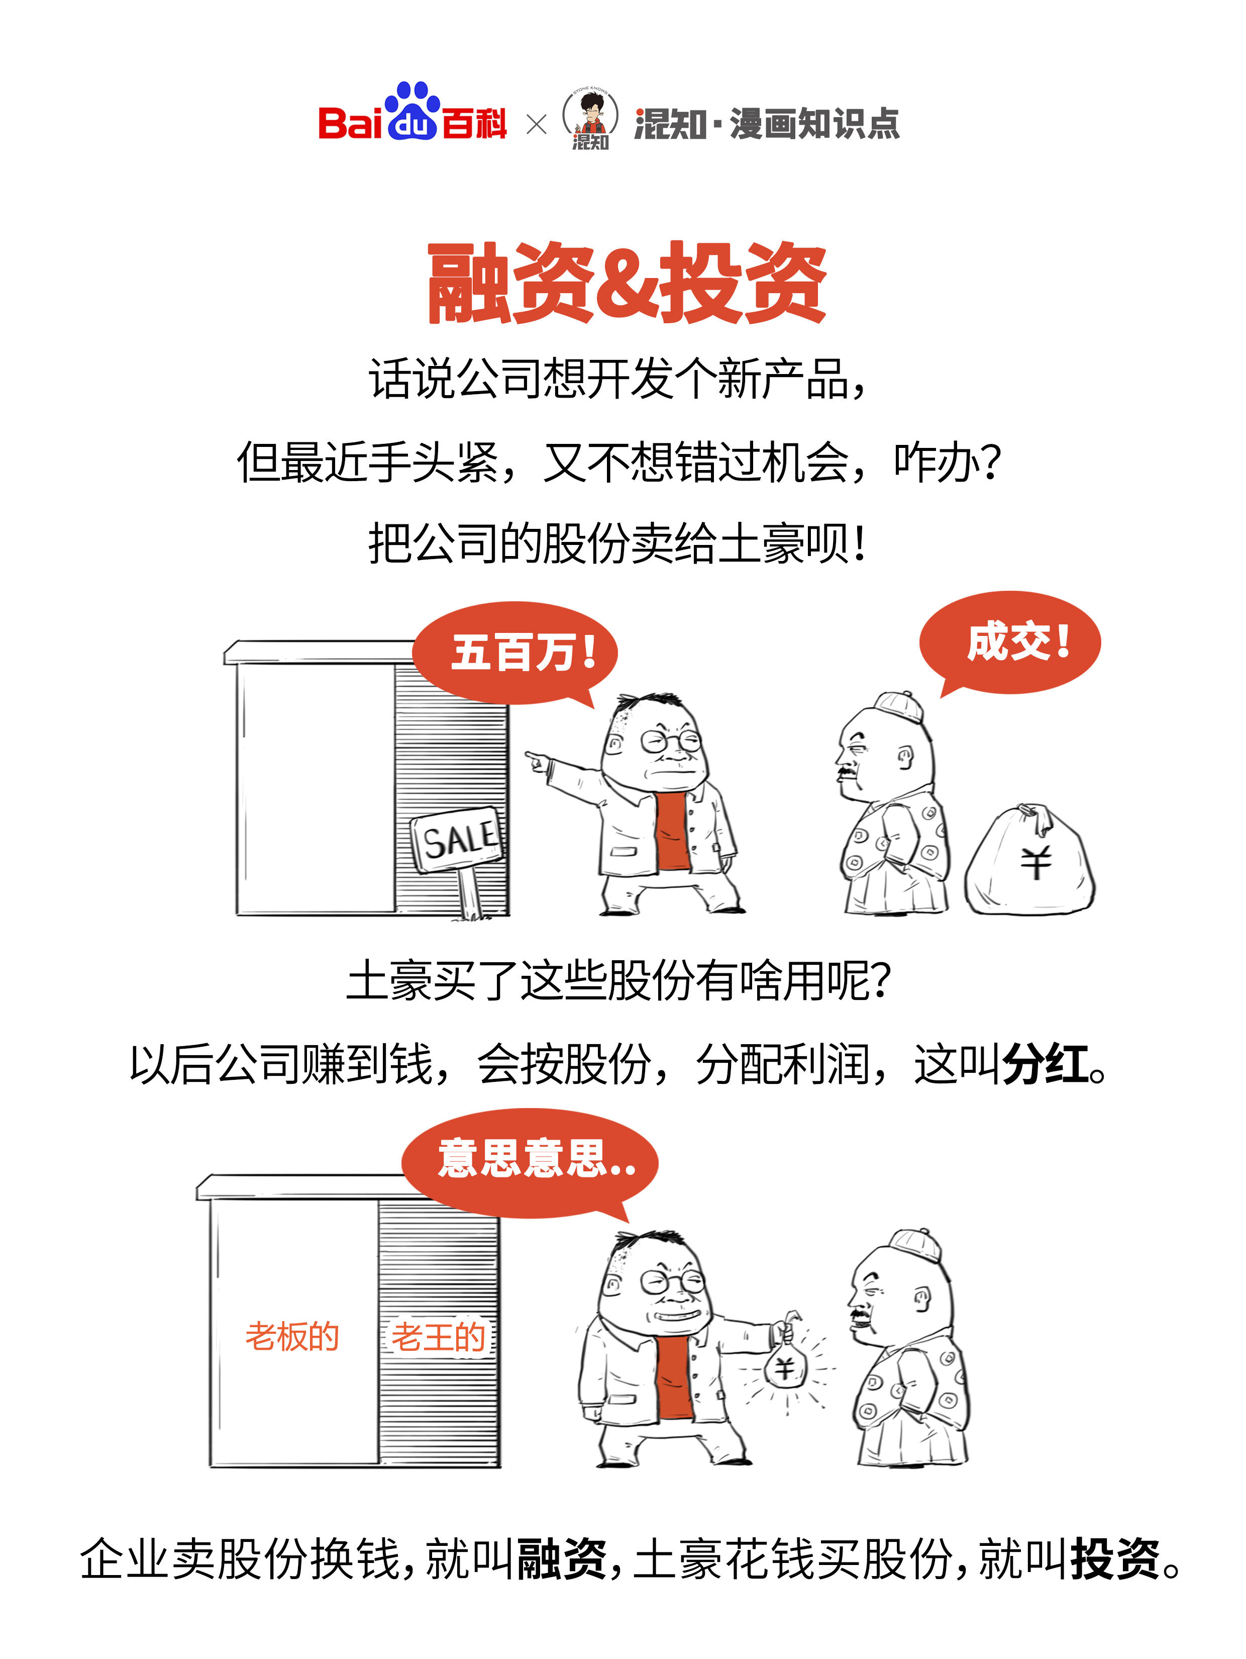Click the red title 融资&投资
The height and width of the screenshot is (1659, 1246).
pyautogui.click(x=627, y=284)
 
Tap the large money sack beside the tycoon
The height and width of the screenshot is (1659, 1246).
pyautogui.click(x=1031, y=863)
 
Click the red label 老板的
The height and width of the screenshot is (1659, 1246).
pyautogui.click(x=292, y=1336)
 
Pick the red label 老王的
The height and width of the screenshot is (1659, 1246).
pyautogui.click(x=439, y=1336)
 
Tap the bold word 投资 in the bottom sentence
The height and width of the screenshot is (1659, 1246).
pyautogui.click(x=1115, y=1558)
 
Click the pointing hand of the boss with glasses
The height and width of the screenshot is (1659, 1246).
pyautogui.click(x=536, y=761)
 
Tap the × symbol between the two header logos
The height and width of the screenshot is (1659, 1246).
pyautogui.click(x=537, y=124)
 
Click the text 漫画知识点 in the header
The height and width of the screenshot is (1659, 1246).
pyautogui.click(x=814, y=124)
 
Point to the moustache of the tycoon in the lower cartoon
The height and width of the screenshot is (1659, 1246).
pyautogui.click(x=861, y=1314)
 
